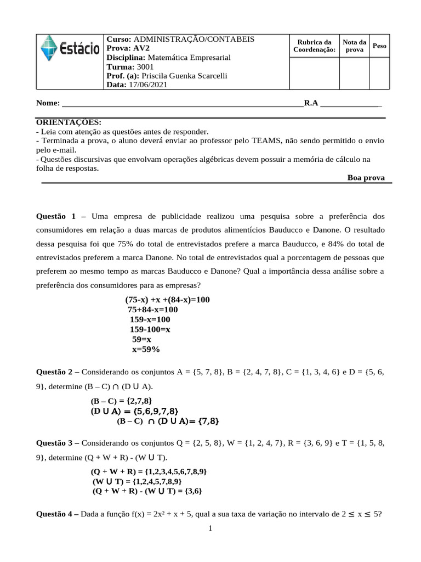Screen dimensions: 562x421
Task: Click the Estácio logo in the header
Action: click(70, 49)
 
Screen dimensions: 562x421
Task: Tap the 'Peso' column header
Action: click(379, 46)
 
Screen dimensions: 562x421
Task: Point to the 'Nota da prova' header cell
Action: click(355, 46)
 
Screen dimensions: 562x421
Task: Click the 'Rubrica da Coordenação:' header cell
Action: click(314, 46)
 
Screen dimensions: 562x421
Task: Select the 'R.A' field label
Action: click(311, 103)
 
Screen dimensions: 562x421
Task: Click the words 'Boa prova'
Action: click(366, 178)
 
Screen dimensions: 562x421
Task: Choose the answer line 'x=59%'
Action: click(146, 349)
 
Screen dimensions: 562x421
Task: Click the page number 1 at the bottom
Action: click(210, 529)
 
